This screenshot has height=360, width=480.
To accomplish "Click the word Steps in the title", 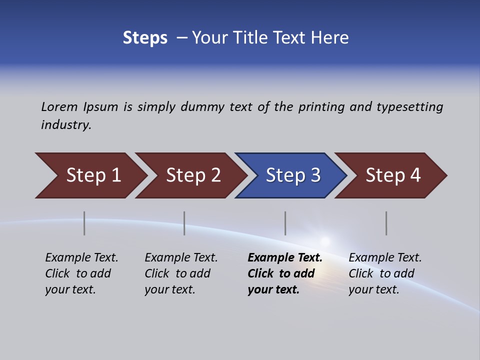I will [x=145, y=38].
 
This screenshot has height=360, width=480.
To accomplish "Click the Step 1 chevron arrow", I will [x=93, y=175].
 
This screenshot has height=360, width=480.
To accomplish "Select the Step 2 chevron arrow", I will [x=193, y=175].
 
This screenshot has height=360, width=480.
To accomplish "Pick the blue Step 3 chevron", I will [x=292, y=175].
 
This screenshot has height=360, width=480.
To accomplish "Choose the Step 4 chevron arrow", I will [x=392, y=175].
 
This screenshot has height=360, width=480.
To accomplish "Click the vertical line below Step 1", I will [x=84, y=223].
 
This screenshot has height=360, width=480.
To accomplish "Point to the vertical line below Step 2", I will [x=184, y=223].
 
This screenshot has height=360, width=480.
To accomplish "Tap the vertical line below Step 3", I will [x=285, y=223].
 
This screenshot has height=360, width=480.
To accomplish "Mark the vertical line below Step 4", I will [x=386, y=223].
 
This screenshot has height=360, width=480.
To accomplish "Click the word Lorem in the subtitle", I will [x=59, y=107].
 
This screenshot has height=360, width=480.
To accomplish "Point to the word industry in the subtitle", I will [x=66, y=125].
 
